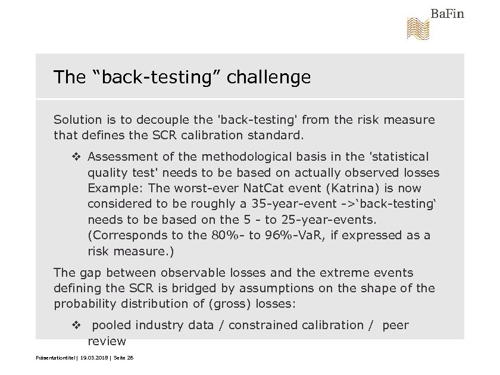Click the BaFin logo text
point(447,13)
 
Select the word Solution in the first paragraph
point(75,120)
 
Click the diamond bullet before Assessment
point(76,157)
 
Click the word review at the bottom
point(107,341)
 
